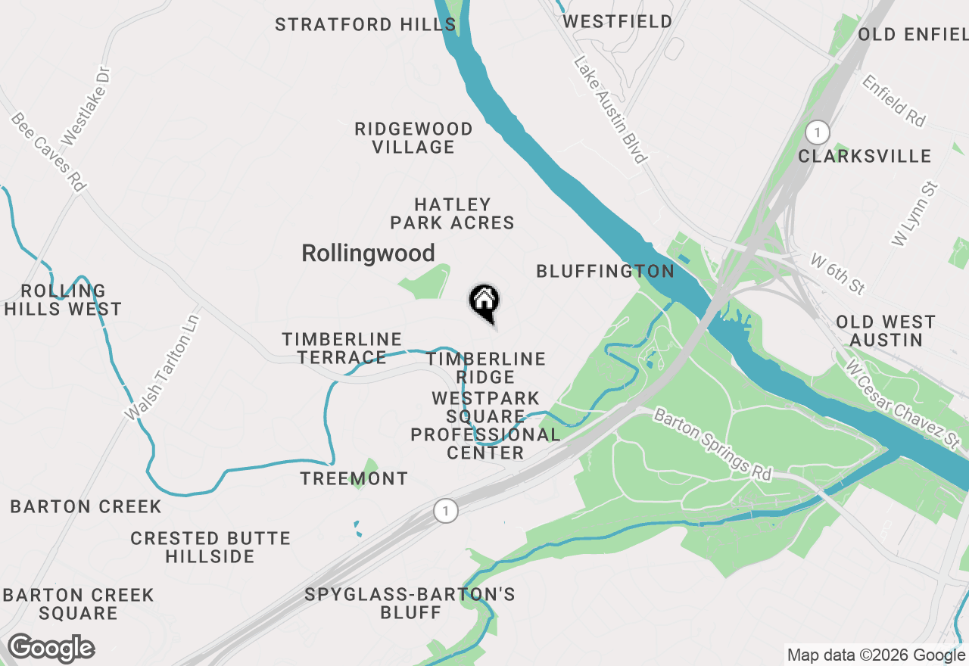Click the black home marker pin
[x=484, y=302]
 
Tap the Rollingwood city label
[x=368, y=254]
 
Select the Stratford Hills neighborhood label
[x=366, y=25]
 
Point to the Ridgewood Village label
[x=413, y=138]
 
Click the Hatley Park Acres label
[x=452, y=213]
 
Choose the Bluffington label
[x=605, y=272]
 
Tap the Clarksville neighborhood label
[x=865, y=157]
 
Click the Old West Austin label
[x=886, y=331]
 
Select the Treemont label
[x=354, y=479]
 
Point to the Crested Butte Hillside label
[x=210, y=547]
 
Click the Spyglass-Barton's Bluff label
[x=410, y=603]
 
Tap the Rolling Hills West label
[x=63, y=300]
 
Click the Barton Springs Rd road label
[x=712, y=445]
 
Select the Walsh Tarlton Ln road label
[x=162, y=368]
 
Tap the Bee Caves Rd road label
[x=48, y=152]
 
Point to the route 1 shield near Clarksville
[x=817, y=132]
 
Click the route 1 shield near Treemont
[x=446, y=512]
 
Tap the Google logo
[x=51, y=649]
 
